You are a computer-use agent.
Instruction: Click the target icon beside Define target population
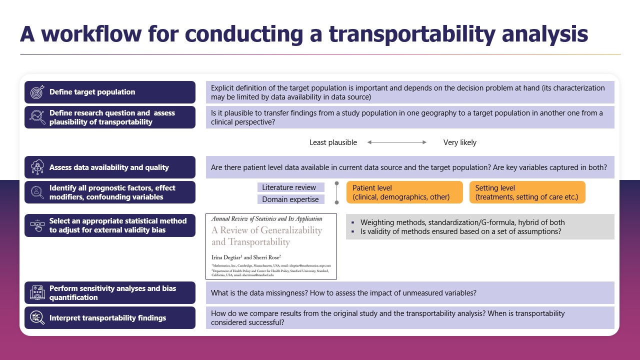[37, 92]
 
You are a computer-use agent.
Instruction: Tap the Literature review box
[290, 187]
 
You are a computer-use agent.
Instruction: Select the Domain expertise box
[290, 199]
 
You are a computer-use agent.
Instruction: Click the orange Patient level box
[404, 192]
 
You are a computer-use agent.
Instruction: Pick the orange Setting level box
[527, 192]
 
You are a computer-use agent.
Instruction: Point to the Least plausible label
[333, 142]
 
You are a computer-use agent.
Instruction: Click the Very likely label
[459, 142]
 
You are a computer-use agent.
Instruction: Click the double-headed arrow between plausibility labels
[397, 142]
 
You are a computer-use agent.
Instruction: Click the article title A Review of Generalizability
[266, 236]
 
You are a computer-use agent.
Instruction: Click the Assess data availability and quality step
[109, 167]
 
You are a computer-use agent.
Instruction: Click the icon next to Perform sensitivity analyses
[37, 293]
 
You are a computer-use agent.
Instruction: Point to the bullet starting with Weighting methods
[462, 222]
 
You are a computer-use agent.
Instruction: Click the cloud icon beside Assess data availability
[37, 167]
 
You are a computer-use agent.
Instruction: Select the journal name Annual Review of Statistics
[266, 219]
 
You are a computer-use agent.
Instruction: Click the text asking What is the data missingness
[343, 293]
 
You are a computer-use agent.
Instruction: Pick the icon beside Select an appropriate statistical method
[37, 225]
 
